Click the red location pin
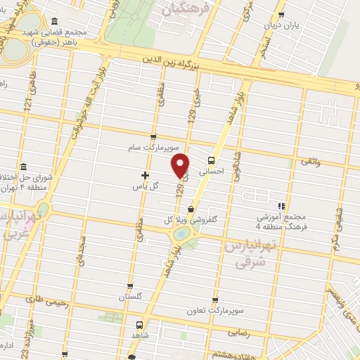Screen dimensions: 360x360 tap(181, 165)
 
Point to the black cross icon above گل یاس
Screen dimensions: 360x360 tap(146, 175)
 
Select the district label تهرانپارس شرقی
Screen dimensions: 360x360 tap(246, 254)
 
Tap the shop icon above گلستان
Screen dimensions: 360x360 tap(130, 286)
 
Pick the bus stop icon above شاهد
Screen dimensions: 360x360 tap(139, 325)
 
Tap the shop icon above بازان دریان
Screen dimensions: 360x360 tap(282, 13)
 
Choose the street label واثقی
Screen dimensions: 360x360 tap(311, 162)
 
